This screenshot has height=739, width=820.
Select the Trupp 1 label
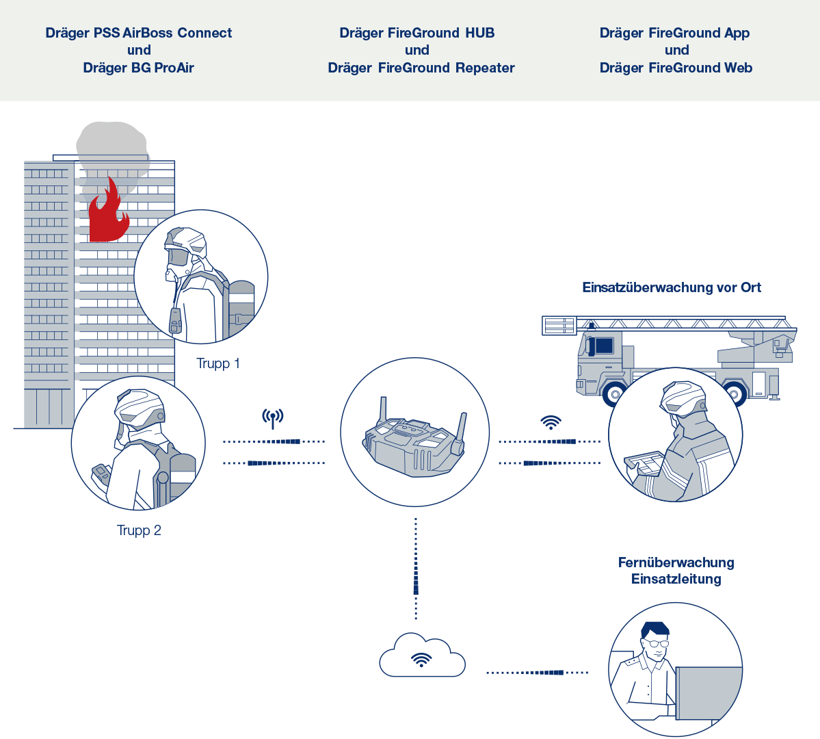click(218, 363)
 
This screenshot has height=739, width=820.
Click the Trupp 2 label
click(139, 530)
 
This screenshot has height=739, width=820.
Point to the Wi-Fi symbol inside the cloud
click(421, 660)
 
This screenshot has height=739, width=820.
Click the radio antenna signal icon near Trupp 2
click(273, 418)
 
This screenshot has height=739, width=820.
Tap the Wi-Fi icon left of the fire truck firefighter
click(551, 422)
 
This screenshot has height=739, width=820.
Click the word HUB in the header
click(479, 33)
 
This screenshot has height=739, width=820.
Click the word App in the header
click(737, 33)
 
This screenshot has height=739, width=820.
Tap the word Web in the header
click(739, 68)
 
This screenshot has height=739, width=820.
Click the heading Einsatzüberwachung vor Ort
click(672, 287)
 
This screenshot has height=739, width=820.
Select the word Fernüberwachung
click(676, 562)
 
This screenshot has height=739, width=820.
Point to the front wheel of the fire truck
click(615, 394)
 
